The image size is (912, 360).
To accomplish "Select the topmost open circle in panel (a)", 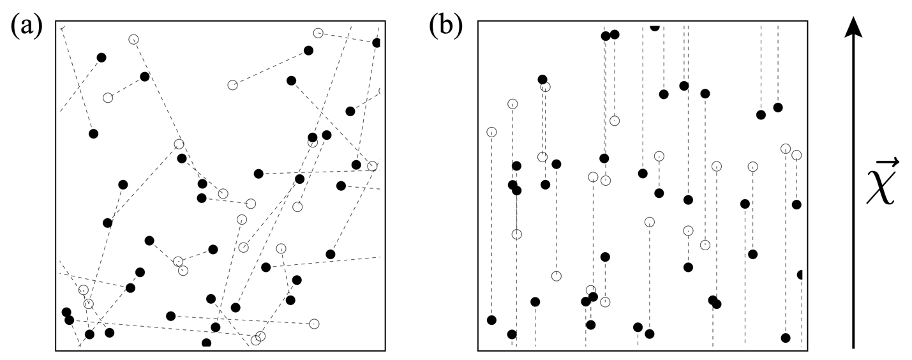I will click(x=318, y=33).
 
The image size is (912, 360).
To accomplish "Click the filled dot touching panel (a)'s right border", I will click(x=377, y=43).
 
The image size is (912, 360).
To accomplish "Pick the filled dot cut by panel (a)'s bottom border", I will click(x=206, y=343).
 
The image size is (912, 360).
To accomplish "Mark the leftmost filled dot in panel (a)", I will click(x=66, y=312).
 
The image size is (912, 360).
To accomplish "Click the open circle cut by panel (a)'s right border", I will click(x=381, y=92).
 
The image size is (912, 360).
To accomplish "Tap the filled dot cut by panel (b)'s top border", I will click(x=654, y=26).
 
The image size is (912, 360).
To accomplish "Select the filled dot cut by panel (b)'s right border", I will click(x=800, y=274).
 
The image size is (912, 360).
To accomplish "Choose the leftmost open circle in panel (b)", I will click(x=491, y=132).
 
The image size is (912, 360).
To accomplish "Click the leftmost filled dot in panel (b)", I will click(x=491, y=320).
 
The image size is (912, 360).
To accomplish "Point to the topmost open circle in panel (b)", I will click(x=545, y=87).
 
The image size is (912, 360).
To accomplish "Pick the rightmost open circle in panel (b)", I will click(x=796, y=155).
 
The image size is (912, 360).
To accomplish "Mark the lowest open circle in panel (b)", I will click(x=605, y=302).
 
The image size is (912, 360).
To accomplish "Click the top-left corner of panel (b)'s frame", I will click(x=478, y=22).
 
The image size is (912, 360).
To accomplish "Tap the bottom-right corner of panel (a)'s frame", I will click(x=384, y=350).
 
